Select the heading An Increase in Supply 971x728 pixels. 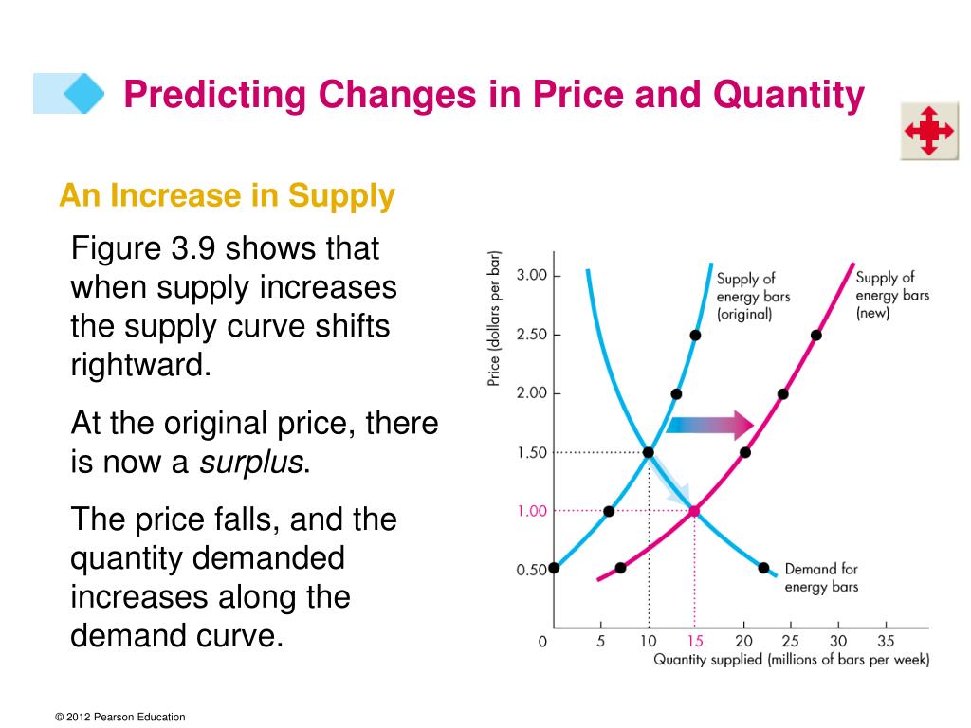(x=227, y=196)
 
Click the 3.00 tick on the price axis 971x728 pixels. (x=532, y=276)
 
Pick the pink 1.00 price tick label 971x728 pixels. (x=532, y=511)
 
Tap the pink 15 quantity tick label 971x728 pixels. (x=695, y=642)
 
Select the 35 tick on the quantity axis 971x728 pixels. (x=886, y=642)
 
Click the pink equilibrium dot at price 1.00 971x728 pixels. (x=694, y=511)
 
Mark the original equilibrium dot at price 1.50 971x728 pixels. (x=649, y=452)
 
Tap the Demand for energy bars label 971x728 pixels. (x=821, y=577)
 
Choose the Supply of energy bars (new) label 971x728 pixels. (x=891, y=295)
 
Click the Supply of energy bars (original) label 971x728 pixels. (x=753, y=296)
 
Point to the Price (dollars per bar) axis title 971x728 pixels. (x=494, y=319)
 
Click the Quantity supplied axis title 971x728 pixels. (x=791, y=660)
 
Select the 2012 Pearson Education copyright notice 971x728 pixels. (x=120, y=718)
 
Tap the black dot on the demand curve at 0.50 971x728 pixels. (x=763, y=568)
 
